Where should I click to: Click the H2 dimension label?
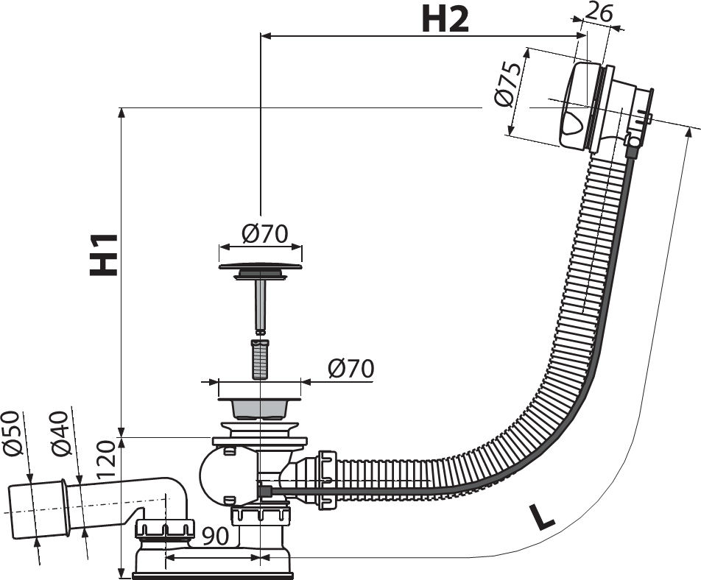pyautogui.click(x=445, y=19)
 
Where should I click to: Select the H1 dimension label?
pyautogui.click(x=104, y=255)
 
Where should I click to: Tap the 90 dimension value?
pyautogui.click(x=216, y=537)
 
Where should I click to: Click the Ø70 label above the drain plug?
pyautogui.click(x=264, y=233)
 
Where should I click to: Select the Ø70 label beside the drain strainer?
pyautogui.click(x=350, y=369)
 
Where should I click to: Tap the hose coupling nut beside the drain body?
pyautogui.click(x=327, y=479)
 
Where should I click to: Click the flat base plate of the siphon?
pyautogui.click(x=212, y=573)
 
